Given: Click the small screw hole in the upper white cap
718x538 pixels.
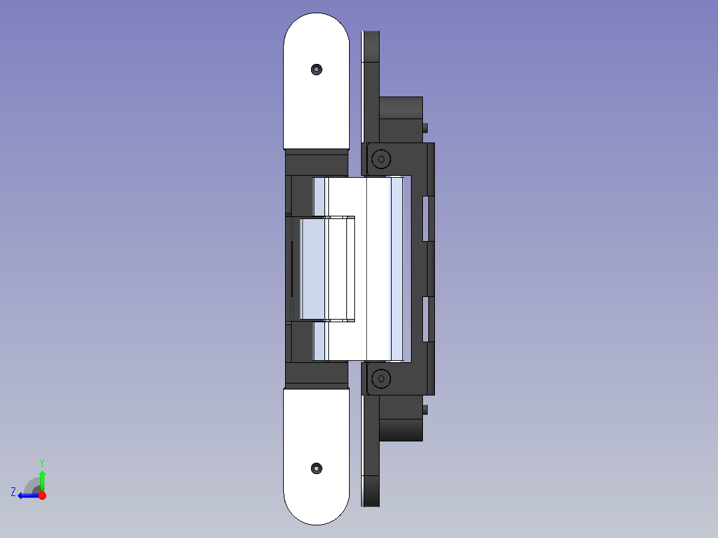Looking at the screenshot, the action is [316, 70].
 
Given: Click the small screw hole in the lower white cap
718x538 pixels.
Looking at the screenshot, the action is [316, 468].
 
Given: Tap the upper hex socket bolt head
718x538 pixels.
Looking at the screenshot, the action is [381, 159].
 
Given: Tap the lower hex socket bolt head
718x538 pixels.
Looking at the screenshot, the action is [381, 379].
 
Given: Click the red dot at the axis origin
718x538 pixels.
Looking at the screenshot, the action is [43, 495].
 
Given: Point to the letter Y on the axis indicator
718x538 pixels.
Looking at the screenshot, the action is [42, 463].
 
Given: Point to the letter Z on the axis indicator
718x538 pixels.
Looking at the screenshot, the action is [13, 492].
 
